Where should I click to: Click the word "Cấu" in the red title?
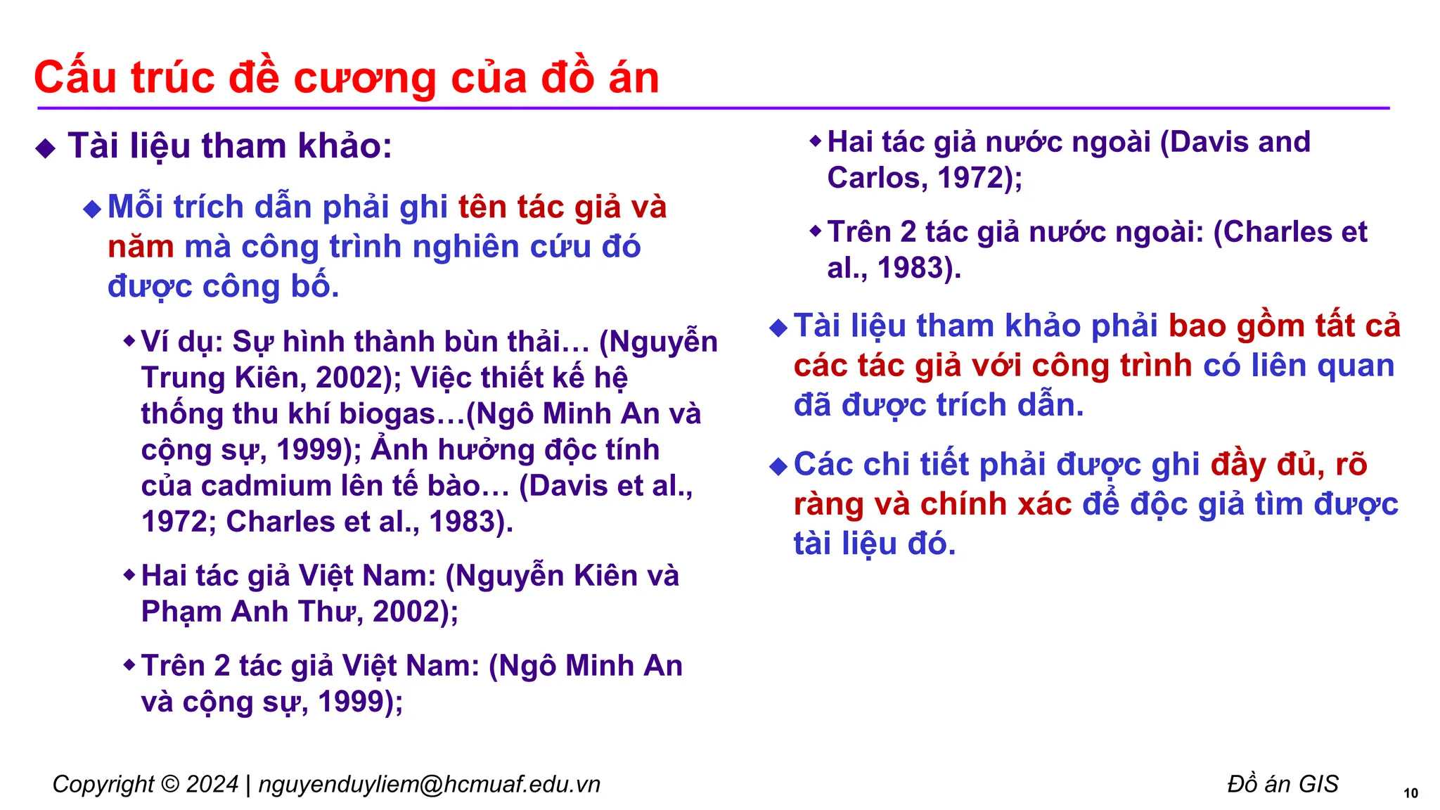75,77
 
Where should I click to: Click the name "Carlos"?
872,178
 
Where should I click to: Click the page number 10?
1410,793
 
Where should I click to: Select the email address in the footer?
429,784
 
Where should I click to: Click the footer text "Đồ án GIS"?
1282,784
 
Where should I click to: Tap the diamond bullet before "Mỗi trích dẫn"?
92,209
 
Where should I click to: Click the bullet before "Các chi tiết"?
778,466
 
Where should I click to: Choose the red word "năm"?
141,247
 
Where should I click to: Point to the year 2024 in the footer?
212,784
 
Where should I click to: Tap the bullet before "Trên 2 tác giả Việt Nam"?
129,664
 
